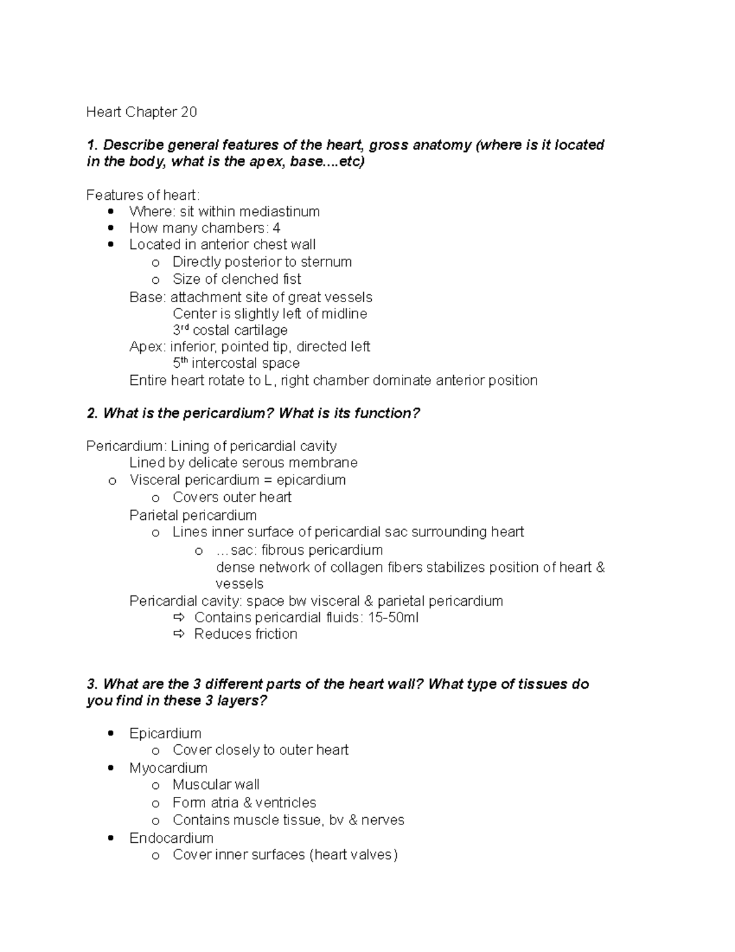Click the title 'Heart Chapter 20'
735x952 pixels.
pos(141,112)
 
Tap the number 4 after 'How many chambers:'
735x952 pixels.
pos(276,228)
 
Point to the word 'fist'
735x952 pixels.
pos(291,279)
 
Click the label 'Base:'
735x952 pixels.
pos(148,297)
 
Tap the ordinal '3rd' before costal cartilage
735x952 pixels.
pos(181,330)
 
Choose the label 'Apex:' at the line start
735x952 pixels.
pos(148,346)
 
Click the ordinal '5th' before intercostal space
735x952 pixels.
pos(181,363)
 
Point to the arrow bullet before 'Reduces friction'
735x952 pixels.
pos(179,634)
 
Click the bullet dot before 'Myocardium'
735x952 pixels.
pos(111,768)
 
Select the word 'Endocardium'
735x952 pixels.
pos(171,838)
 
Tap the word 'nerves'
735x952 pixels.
pos(383,820)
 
